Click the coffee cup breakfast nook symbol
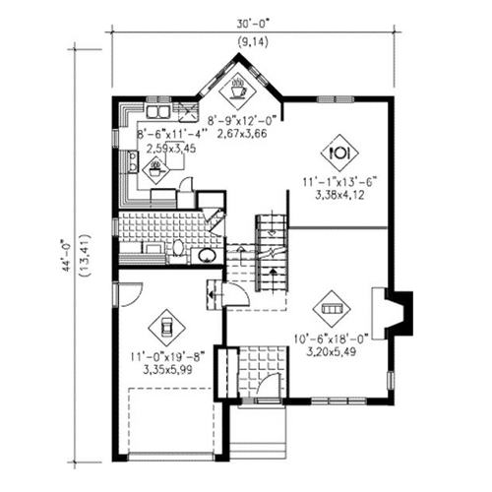237,90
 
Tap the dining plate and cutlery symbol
339,153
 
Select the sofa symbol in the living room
332,309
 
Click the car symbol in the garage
166,328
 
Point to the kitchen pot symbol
155,170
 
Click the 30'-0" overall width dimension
253,25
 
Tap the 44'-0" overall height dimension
68,256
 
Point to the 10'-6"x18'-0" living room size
332,338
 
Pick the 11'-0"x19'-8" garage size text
167,356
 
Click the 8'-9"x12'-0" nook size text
242,120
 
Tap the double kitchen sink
157,111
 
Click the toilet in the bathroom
178,248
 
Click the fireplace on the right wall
392,313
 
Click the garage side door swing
131,294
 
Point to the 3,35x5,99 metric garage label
167,370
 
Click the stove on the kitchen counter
133,161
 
